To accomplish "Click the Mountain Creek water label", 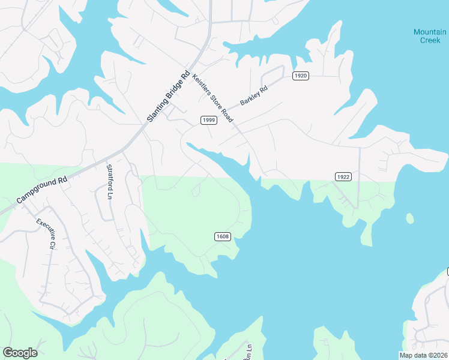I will tap(429, 36).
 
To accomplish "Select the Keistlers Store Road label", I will tap(212, 98).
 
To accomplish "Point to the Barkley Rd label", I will tap(253, 95).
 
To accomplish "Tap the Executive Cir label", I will tap(46, 234).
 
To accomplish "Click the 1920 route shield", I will tap(301, 76).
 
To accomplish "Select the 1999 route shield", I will tap(208, 120).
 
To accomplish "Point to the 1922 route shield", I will tap(343, 176).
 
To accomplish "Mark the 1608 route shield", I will tap(222, 236).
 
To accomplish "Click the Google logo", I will tap(20, 352).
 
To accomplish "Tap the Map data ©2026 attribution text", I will tap(423, 355).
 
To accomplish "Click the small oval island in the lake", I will tap(409, 218).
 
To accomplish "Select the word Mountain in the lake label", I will tap(429, 32).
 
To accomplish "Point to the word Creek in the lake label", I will tap(429, 40).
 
